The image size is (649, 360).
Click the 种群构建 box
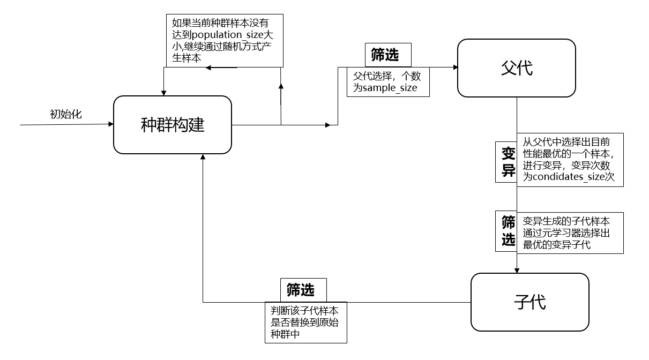173,125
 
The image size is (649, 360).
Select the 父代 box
516,68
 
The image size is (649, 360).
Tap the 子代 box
529,302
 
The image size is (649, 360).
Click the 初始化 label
66,114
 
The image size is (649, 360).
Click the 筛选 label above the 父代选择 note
384,55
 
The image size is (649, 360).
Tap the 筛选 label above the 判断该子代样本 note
300,290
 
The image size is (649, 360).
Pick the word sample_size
390,88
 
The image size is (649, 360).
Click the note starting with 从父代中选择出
570,160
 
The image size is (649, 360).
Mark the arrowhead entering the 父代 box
456,67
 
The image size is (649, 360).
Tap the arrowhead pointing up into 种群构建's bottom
203,156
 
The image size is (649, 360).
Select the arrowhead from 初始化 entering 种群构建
111,124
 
